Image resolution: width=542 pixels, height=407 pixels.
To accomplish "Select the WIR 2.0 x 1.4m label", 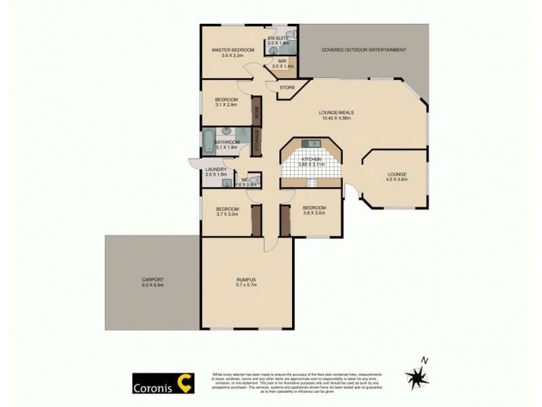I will coord(282,64).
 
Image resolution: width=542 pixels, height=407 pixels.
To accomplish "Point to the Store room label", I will coord(287,87).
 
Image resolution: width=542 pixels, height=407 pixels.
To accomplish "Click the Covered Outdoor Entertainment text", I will coord(364,50).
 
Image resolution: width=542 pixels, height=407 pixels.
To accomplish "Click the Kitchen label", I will coord(312,161).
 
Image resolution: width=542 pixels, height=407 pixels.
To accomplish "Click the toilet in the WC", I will coord(253,179).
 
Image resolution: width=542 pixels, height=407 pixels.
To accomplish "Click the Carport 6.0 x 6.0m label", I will coord(152,282).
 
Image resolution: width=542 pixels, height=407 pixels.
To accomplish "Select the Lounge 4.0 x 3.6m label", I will coord(396,176).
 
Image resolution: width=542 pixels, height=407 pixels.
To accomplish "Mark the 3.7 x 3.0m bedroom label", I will coord(227,211).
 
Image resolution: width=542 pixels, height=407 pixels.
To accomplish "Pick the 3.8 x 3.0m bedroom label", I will coord(314,210).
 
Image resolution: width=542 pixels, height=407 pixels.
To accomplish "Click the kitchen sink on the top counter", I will coord(312,143).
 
